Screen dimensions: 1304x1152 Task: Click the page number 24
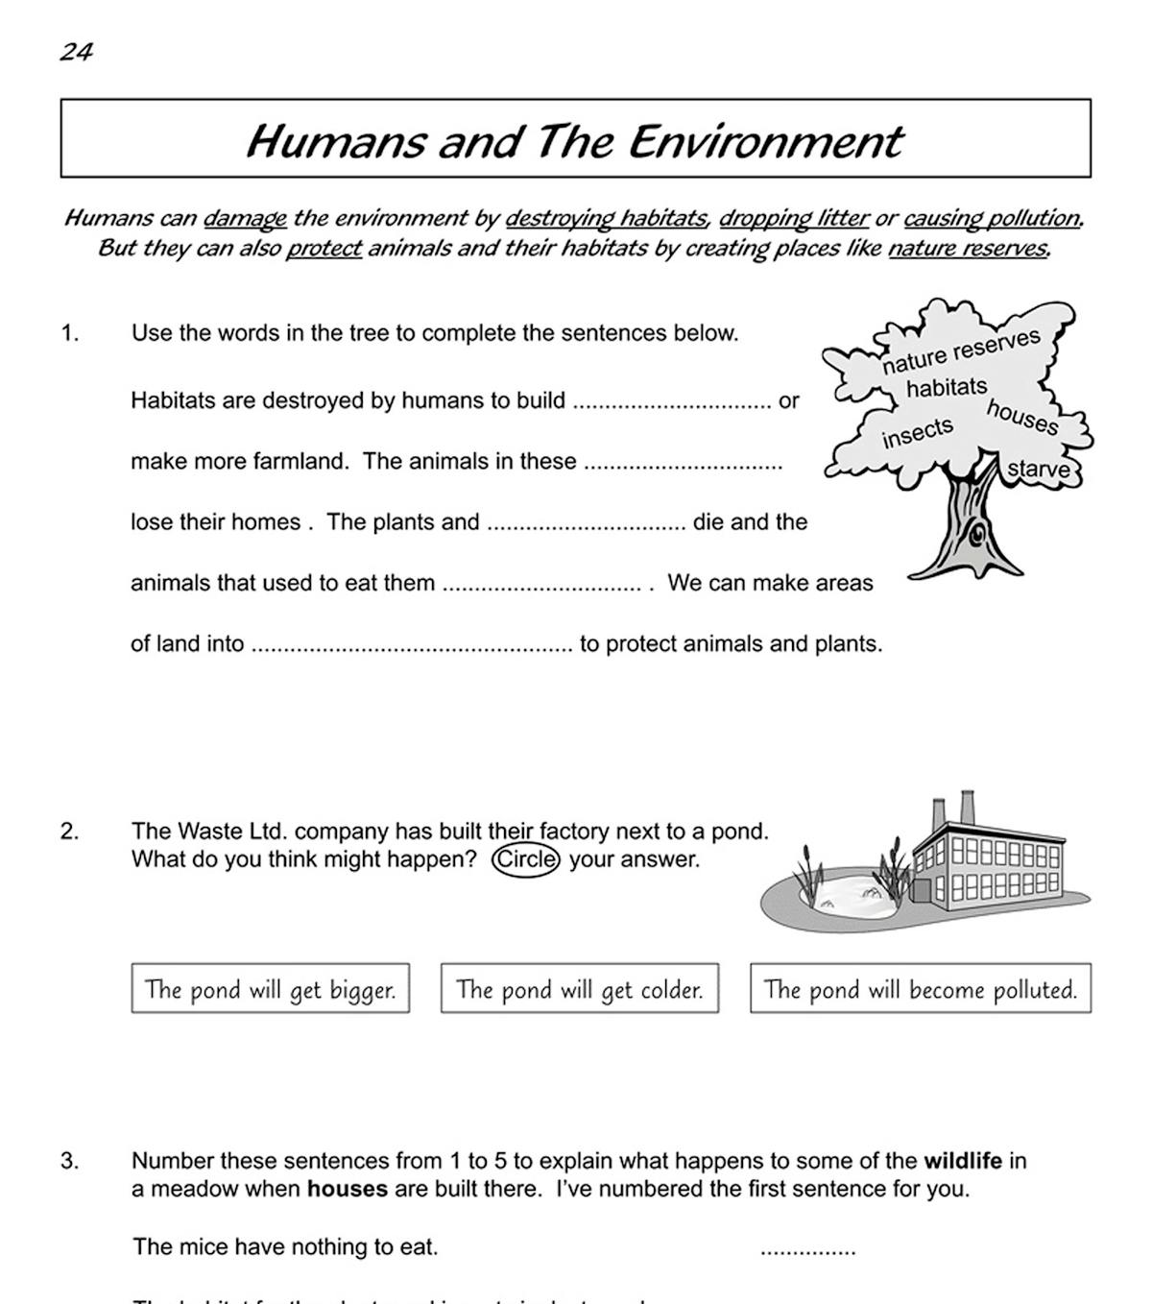click(76, 52)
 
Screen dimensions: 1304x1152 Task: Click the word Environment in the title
click(765, 141)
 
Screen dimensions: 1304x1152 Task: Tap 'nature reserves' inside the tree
click(961, 351)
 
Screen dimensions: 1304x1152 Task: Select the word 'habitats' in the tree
click(947, 388)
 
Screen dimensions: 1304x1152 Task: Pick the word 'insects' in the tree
click(918, 433)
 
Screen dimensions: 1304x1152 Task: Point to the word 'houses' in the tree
click(1022, 418)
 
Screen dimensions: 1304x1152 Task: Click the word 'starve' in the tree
click(1038, 470)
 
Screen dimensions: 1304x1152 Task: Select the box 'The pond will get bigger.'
click(270, 989)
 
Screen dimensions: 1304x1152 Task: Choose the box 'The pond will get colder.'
click(579, 989)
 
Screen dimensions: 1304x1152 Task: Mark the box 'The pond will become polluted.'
click(920, 989)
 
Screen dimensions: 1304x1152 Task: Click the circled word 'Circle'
click(525, 858)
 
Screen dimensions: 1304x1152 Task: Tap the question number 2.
click(70, 832)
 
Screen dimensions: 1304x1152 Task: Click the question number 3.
click(70, 1161)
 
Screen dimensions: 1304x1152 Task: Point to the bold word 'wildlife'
click(962, 1161)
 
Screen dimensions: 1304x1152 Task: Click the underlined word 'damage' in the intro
click(245, 218)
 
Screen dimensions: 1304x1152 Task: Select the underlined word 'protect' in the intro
click(324, 249)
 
